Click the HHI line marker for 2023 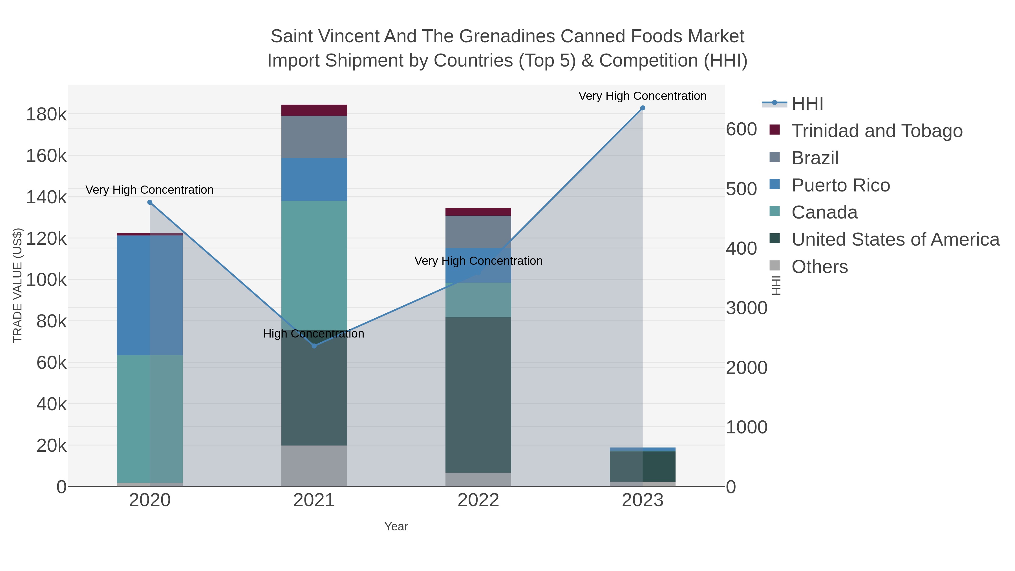pyautogui.click(x=642, y=108)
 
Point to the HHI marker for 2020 pyautogui.click(x=150, y=202)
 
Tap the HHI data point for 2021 pyautogui.click(x=314, y=346)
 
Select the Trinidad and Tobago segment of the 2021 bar pyautogui.click(x=314, y=110)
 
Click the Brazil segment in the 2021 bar pyautogui.click(x=314, y=137)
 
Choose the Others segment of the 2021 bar pyautogui.click(x=314, y=466)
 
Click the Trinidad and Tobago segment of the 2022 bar pyautogui.click(x=478, y=212)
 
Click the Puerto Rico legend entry pyautogui.click(x=840, y=185)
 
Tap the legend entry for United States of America pyautogui.click(x=895, y=240)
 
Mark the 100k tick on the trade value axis pyautogui.click(x=46, y=280)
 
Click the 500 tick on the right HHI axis pyautogui.click(x=741, y=189)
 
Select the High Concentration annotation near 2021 pyautogui.click(x=313, y=334)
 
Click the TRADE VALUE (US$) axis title pyautogui.click(x=18, y=285)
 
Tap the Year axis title pyautogui.click(x=396, y=526)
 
